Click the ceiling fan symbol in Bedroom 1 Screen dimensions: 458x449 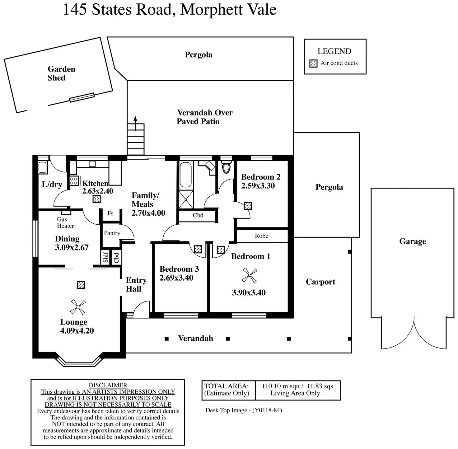pos(250,276)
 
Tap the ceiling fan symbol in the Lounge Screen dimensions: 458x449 pos(77,307)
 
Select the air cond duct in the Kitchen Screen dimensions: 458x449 pos(97,199)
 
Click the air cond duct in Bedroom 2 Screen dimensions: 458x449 pos(248,206)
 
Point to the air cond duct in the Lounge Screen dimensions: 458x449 pos(81,285)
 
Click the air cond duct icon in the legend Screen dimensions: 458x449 pos(313,63)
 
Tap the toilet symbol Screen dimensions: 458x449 pos(226,168)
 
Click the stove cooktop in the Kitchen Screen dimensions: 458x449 pos(74,181)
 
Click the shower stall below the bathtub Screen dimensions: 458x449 pos(186,199)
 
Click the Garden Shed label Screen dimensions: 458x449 pos(61,73)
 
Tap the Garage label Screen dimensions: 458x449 pos(413,241)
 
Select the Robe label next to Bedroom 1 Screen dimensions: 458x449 pos(261,236)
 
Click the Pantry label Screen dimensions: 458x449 pos(112,233)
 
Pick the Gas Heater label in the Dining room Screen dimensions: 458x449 pos(65,223)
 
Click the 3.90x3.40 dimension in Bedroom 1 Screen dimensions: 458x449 pos(249,292)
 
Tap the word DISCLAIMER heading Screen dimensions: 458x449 pos(108,385)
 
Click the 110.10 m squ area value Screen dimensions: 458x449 pos(281,386)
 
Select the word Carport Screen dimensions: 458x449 pos(320,282)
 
